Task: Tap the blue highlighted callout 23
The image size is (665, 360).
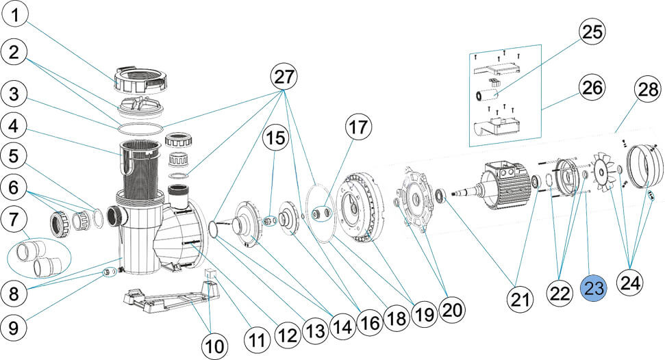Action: [594, 289]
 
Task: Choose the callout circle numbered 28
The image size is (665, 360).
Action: [646, 89]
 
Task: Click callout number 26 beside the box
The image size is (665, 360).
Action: [593, 87]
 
